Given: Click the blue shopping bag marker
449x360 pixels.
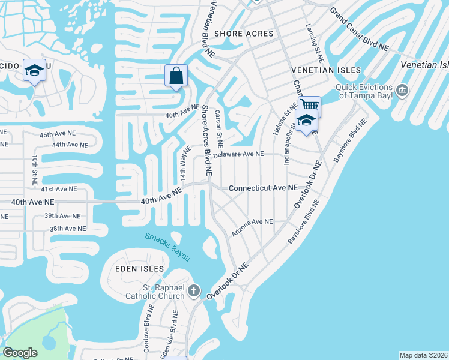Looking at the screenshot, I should click(176, 77).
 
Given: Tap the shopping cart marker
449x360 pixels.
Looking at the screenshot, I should click(309, 107).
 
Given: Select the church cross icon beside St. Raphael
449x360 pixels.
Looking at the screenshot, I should click(193, 292).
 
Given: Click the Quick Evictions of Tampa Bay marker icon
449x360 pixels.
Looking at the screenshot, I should click(402, 91).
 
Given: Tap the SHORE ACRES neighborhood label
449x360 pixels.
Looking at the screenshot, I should click(244, 34).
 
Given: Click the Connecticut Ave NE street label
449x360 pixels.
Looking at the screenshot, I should click(263, 188).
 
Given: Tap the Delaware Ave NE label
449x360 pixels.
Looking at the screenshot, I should click(238, 154).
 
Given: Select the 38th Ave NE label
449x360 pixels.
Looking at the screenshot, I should click(68, 229).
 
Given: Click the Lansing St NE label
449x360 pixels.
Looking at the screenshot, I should click(315, 44).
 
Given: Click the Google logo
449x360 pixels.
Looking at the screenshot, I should click(20, 353).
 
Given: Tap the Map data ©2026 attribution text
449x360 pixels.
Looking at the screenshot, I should click(423, 355).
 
